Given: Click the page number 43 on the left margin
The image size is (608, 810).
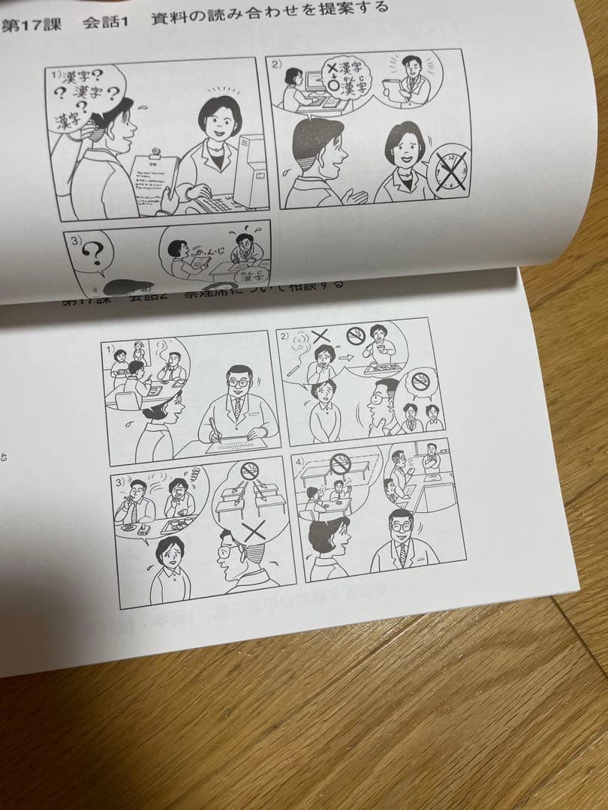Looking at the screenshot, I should point(5,457).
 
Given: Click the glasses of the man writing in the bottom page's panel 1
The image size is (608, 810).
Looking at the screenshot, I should point(239,382).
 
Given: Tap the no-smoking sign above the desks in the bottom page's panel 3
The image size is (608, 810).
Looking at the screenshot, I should point(249,471).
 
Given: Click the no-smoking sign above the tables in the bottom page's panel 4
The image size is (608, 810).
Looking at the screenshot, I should point(341,465).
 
